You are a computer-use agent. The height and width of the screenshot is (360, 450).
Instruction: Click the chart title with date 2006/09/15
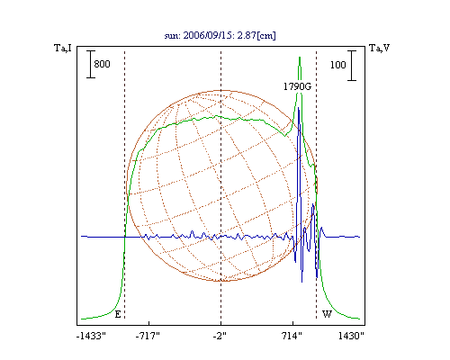(220, 35)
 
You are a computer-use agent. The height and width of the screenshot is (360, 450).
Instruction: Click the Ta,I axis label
(63, 48)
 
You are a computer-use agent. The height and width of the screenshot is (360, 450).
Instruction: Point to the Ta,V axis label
(379, 48)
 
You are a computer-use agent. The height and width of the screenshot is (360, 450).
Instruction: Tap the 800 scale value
(102, 64)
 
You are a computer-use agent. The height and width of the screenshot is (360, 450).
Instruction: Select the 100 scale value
(338, 65)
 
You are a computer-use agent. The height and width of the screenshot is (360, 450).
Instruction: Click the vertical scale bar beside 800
(91, 64)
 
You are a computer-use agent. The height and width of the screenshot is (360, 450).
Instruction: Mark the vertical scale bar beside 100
(352, 66)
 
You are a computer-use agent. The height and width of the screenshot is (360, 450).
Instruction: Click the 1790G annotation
(297, 86)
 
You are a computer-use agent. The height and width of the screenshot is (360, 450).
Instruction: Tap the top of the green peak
(300, 57)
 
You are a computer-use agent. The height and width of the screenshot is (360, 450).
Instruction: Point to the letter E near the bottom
(118, 314)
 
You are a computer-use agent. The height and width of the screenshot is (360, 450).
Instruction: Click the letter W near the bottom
(327, 314)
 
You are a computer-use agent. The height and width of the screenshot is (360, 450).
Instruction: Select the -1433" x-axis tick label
(91, 336)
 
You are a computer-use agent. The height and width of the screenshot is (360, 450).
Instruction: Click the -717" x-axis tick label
(148, 336)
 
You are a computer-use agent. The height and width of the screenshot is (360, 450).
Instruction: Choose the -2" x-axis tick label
(220, 336)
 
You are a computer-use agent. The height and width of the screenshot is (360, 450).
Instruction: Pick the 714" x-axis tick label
(292, 336)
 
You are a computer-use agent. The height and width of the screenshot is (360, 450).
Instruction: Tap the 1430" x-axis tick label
(351, 336)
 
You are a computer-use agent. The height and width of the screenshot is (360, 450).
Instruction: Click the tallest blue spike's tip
(299, 108)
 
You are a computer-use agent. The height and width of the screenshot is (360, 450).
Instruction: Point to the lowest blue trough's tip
(301, 282)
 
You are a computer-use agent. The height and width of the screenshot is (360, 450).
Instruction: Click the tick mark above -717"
(149, 323)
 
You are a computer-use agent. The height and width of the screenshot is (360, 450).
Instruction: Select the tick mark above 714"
(293, 323)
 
